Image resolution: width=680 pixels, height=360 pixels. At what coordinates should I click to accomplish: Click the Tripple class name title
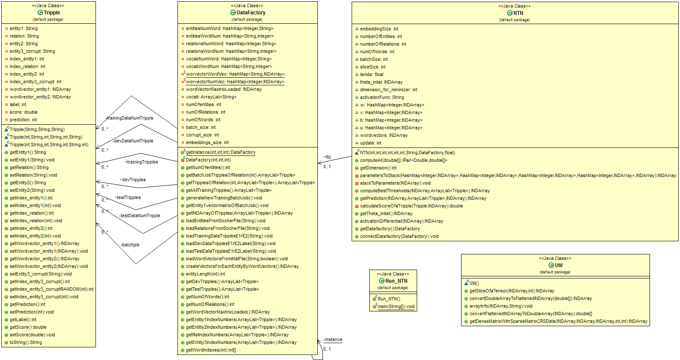pos(52,13)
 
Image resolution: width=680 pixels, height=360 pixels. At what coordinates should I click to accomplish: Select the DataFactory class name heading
pos(251,13)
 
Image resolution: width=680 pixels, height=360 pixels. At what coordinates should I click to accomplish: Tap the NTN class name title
pos(518,13)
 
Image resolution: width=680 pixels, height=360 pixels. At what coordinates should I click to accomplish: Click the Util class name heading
pos(558,265)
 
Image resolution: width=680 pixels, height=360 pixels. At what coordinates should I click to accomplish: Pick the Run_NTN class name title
pos(396,281)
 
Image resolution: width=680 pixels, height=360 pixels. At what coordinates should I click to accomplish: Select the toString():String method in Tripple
pos(26,343)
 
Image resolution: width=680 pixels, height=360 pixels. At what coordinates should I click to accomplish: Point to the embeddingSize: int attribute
pos(379,29)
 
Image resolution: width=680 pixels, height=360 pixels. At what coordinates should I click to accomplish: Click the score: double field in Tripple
pos(24,112)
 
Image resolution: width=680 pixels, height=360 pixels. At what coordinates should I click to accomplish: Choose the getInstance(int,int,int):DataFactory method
pos(221,153)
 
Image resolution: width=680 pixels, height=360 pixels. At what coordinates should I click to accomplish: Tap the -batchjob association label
pos(130,245)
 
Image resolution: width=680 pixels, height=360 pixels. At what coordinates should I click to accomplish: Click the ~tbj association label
pos(327,157)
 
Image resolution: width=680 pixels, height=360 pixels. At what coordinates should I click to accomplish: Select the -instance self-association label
pos(333,340)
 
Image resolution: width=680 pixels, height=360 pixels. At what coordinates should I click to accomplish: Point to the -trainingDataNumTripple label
pos(129,118)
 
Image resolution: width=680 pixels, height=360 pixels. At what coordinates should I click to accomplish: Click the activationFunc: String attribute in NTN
pos(382,98)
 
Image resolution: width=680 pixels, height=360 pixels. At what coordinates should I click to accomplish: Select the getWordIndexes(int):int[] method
pos(211,350)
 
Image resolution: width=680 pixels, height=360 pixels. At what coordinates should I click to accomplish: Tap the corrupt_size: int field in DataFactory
pos(202,135)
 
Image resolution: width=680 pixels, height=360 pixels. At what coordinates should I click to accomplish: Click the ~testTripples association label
pos(127,198)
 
